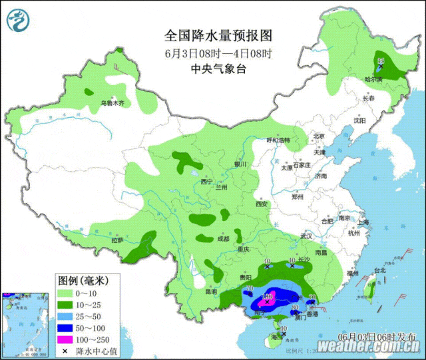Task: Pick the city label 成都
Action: point(222,238)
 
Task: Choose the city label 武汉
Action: point(306,236)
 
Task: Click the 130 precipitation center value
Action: point(268,297)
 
